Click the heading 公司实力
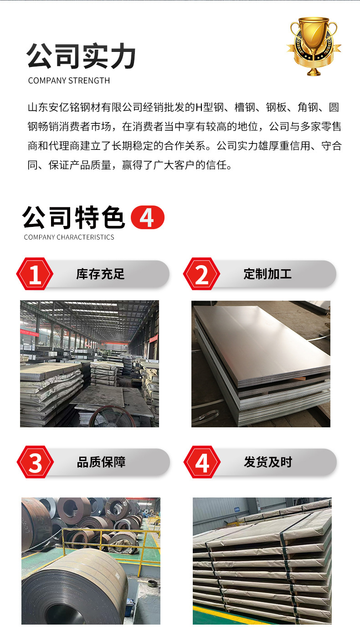tap(81, 56)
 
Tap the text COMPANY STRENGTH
tap(69, 81)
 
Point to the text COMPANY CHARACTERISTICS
tap(69, 237)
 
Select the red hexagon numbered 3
tap(35, 463)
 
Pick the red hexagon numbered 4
tap(202, 463)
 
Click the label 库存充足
tap(100, 274)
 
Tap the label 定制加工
tap(267, 274)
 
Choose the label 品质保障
tap(101, 462)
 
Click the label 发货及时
tap(268, 462)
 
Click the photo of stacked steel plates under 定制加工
tap(261, 364)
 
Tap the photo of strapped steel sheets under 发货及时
tap(262, 561)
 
